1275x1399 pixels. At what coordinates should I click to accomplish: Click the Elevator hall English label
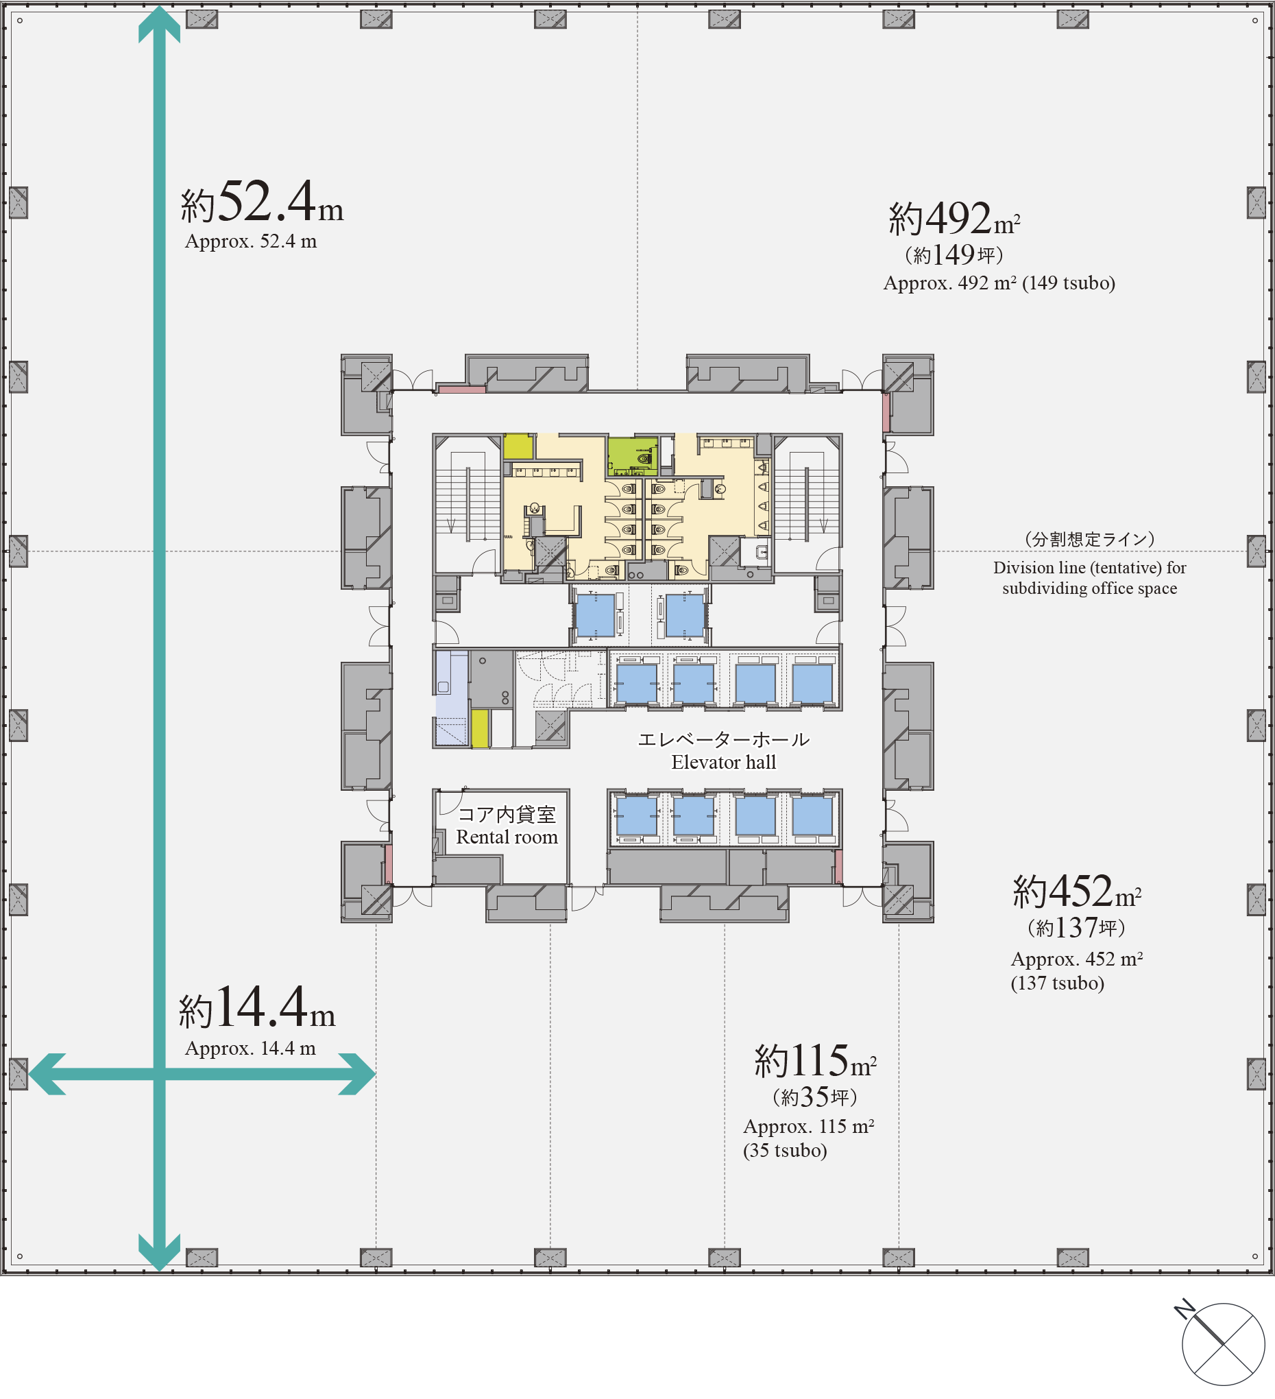click(x=723, y=763)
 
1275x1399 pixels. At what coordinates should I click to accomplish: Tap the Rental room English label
click(x=507, y=837)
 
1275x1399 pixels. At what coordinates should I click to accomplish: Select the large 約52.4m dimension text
click(x=263, y=202)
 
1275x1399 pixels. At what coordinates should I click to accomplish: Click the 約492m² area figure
click(x=954, y=219)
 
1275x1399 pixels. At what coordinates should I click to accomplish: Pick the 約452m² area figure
click(x=1078, y=892)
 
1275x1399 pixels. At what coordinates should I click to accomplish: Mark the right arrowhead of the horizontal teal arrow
click(x=358, y=1074)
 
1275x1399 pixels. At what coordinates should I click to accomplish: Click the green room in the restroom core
click(x=632, y=455)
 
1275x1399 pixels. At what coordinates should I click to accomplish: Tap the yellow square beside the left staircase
click(x=518, y=447)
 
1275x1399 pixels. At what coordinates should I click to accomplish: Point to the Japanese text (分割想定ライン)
click(x=1090, y=539)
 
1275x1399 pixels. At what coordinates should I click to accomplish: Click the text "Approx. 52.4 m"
click(x=251, y=241)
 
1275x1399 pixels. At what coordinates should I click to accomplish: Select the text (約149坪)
click(x=954, y=255)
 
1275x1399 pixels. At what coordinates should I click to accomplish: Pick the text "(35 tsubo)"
click(x=786, y=1151)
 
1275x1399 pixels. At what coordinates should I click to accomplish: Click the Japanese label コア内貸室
click(x=507, y=815)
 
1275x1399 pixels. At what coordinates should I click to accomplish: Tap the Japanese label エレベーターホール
click(x=723, y=740)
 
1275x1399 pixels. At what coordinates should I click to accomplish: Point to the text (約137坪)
click(x=1077, y=928)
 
